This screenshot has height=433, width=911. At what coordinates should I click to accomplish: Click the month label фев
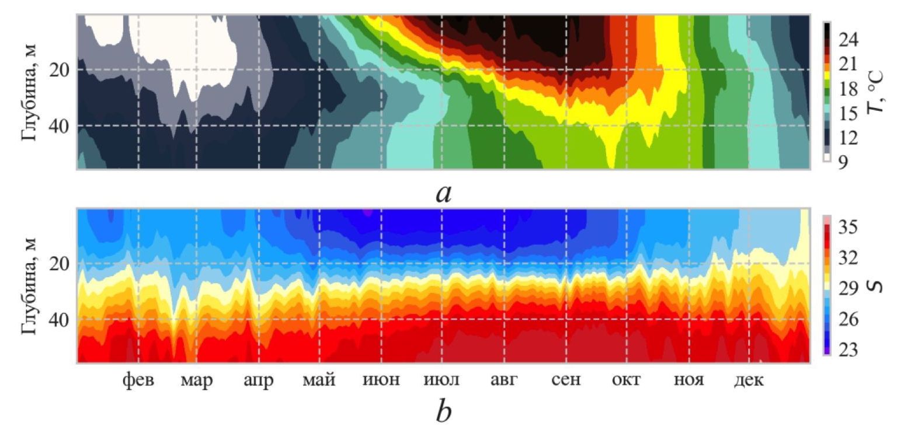pyautogui.click(x=138, y=380)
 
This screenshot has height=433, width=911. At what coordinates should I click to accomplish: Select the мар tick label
pyautogui.click(x=196, y=380)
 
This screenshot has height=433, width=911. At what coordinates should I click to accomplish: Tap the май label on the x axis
pyautogui.click(x=319, y=380)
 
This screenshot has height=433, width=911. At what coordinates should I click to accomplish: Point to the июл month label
pyautogui.click(x=441, y=380)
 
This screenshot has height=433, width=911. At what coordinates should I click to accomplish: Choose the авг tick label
pyautogui.click(x=504, y=380)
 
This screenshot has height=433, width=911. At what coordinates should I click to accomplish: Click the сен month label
pyautogui.click(x=566, y=380)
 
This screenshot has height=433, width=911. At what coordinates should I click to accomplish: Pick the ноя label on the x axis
pyautogui.click(x=689, y=380)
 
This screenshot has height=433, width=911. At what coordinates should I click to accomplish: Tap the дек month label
pyautogui.click(x=749, y=380)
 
